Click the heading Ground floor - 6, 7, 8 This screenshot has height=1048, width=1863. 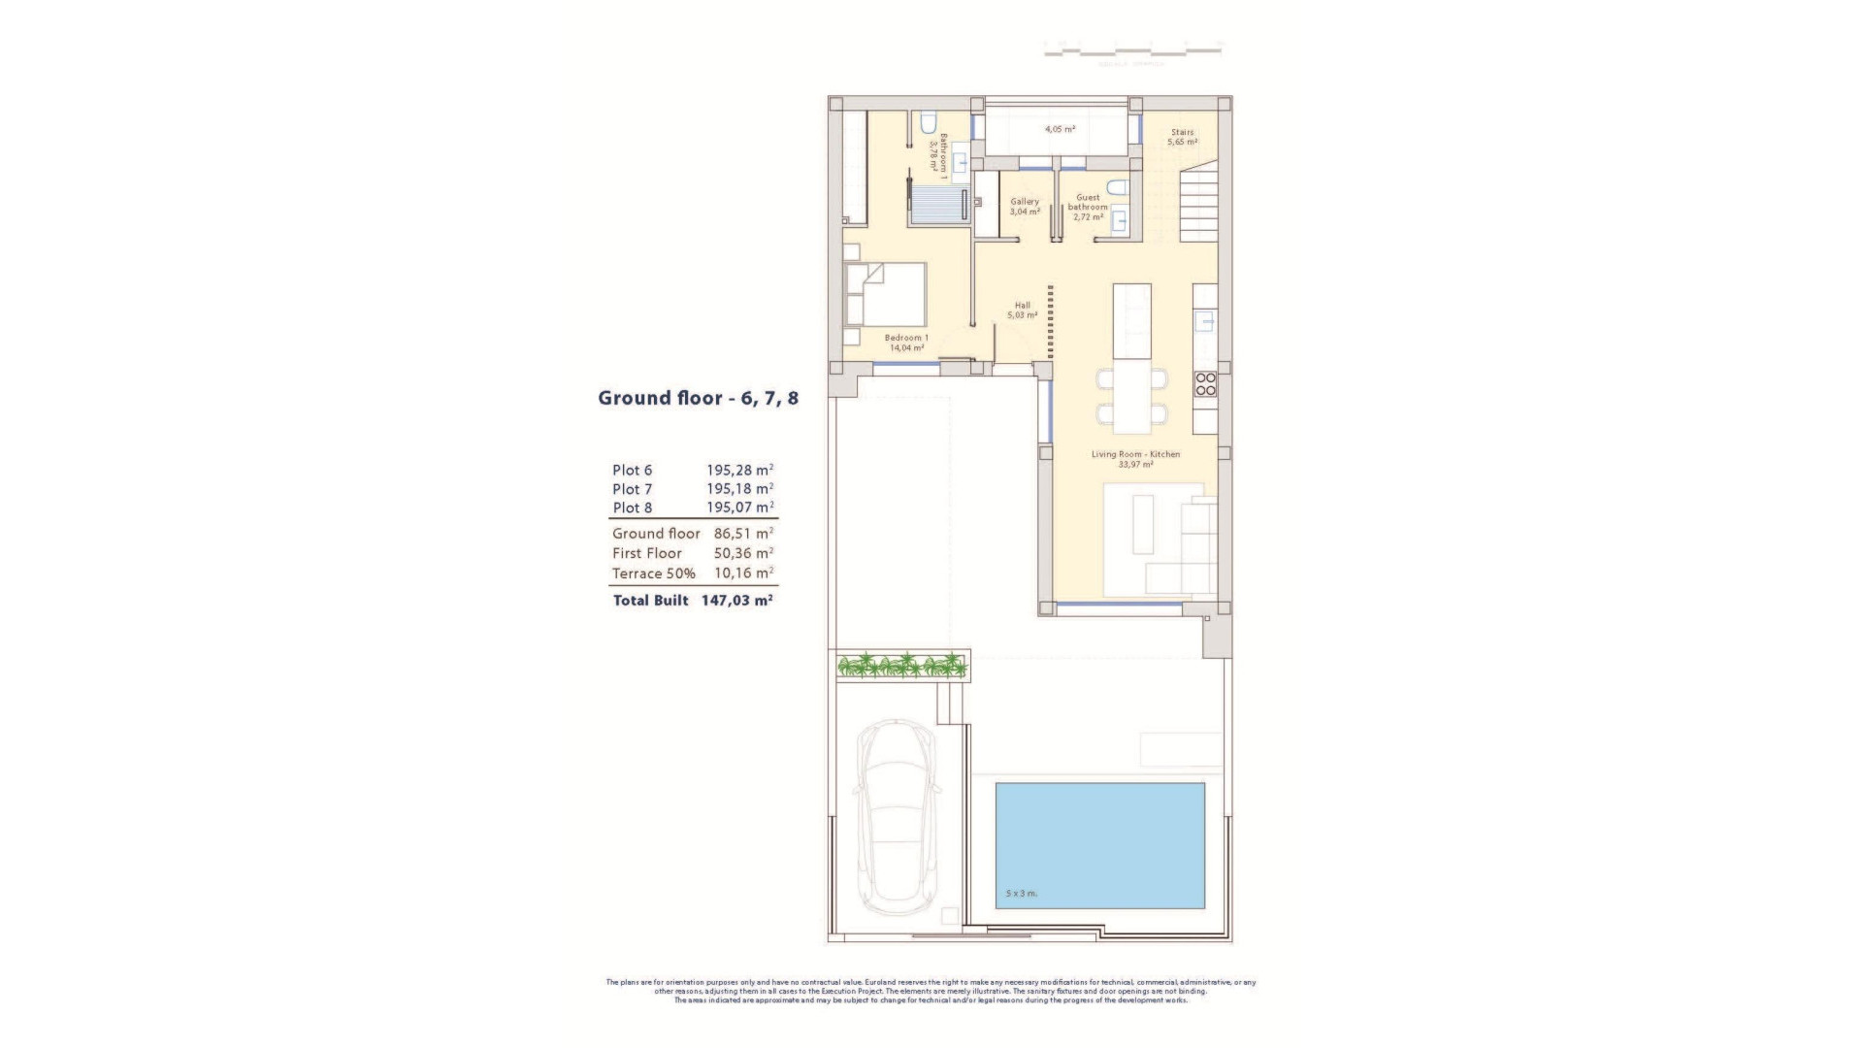(698, 398)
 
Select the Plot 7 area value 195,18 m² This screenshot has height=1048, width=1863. (739, 489)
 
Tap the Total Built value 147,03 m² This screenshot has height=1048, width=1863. (736, 601)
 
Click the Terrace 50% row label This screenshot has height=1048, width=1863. (653, 573)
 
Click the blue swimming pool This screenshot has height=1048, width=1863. (1099, 844)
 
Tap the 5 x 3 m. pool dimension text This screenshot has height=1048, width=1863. (1022, 893)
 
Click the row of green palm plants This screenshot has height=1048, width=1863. (902, 666)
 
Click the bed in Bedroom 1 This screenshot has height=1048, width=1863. (885, 293)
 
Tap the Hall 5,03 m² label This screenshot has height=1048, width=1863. (1022, 311)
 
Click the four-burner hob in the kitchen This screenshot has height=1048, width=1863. (1205, 384)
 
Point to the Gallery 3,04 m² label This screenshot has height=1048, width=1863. (1025, 207)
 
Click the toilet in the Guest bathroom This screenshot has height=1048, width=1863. (1118, 186)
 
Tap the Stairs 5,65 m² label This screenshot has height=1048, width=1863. (1182, 137)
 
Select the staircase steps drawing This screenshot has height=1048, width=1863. (1198, 206)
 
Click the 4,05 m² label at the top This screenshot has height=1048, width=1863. (1060, 129)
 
